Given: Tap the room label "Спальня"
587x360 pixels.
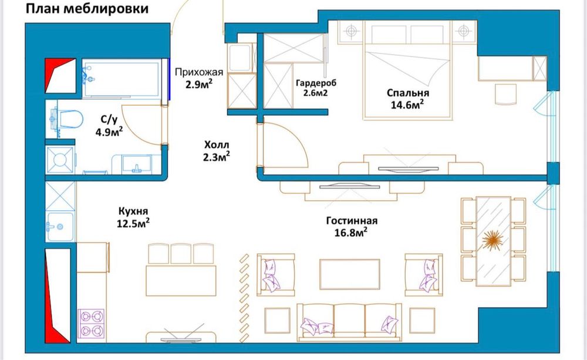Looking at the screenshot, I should pyautogui.click(x=408, y=93).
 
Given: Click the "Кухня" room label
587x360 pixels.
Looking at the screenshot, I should pyautogui.click(x=131, y=211).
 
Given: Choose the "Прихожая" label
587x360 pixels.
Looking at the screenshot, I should pyautogui.click(x=200, y=72).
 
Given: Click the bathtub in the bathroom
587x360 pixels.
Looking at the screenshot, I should pyautogui.click(x=121, y=80).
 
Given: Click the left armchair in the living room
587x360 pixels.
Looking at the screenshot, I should pyautogui.click(x=275, y=274).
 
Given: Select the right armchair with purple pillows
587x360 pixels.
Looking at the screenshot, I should pyautogui.click(x=424, y=274).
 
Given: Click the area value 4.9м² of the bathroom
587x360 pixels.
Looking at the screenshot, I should pyautogui.click(x=109, y=132).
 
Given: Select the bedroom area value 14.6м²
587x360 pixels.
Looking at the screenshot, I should pyautogui.click(x=408, y=105).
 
